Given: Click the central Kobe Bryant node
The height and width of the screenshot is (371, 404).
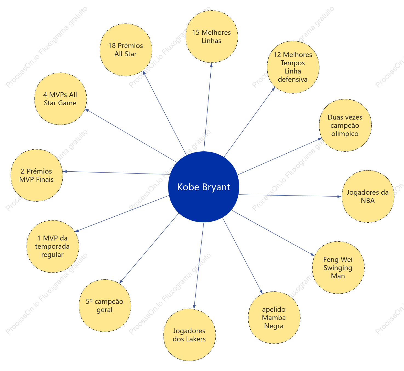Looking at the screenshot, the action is pyautogui.click(x=204, y=187).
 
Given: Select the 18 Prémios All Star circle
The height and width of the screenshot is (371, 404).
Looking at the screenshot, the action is pyautogui.click(x=126, y=50).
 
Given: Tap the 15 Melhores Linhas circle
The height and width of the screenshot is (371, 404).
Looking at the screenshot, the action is pyautogui.click(x=212, y=36).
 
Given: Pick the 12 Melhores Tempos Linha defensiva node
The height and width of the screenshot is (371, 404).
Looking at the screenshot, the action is pyautogui.click(x=293, y=67).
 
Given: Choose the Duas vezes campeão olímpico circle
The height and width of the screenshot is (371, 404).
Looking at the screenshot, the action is pyautogui.click(x=345, y=125).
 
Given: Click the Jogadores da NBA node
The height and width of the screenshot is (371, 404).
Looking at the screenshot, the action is pyautogui.click(x=368, y=196).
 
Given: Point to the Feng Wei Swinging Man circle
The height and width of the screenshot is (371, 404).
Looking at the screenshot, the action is pyautogui.click(x=338, y=268).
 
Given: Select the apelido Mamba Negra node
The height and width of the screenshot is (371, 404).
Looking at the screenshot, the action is pyautogui.click(x=274, y=318).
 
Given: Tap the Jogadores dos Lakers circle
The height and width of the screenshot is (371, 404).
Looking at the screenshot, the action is pyautogui.click(x=190, y=335).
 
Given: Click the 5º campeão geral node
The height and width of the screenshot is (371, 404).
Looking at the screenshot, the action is pyautogui.click(x=105, y=306).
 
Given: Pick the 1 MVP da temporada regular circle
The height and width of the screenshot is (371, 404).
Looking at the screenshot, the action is pyautogui.click(x=53, y=247).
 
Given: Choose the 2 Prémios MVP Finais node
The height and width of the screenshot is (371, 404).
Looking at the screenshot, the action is pyautogui.click(x=37, y=175).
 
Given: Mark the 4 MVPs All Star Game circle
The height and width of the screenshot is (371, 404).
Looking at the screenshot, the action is pyautogui.click(x=61, y=99).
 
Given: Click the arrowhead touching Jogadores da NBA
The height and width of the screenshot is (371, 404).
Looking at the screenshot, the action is pyautogui.click(x=340, y=196).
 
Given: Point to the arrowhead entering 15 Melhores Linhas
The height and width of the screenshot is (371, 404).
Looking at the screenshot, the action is pyautogui.click(x=211, y=65).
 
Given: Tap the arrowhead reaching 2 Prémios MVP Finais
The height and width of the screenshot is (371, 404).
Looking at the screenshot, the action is pyautogui.click(x=65, y=171).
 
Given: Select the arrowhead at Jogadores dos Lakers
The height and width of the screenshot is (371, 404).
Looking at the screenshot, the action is pyautogui.click(x=194, y=307).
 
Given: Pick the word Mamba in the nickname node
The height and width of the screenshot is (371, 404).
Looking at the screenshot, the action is pyautogui.click(x=274, y=318).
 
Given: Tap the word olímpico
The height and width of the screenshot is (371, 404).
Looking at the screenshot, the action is pyautogui.click(x=345, y=134).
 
